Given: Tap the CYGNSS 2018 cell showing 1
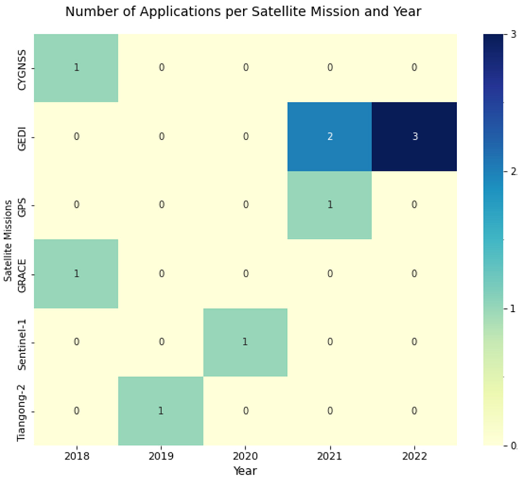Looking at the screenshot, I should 76,68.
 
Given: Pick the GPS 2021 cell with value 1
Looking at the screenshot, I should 330,205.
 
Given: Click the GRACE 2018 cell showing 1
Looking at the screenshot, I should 76,274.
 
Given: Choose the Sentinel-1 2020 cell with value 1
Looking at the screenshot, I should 245,342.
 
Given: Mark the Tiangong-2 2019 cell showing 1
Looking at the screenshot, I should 161,411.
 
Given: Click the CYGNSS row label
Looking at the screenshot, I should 22,70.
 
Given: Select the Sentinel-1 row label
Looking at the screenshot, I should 22,345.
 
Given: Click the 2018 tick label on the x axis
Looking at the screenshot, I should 77,456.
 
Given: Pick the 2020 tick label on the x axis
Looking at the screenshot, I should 245,456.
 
